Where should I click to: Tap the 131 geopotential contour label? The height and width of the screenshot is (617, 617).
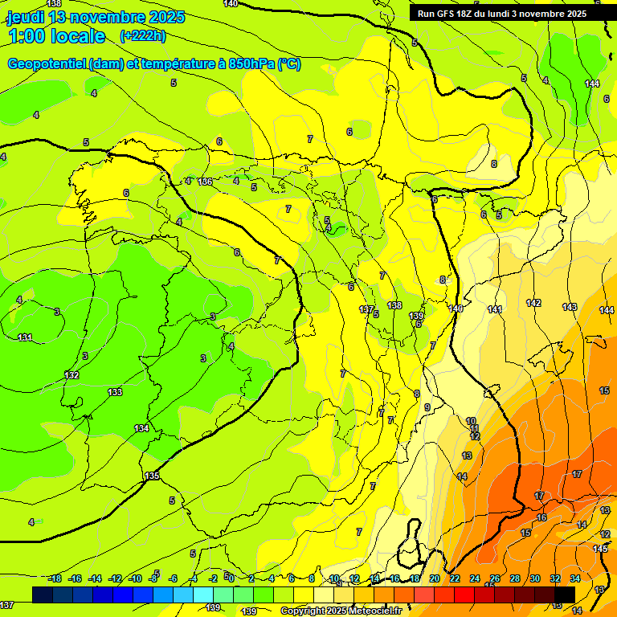(25, 337)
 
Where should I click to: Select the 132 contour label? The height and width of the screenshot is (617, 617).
(72, 375)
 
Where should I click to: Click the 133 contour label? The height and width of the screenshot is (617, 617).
(115, 392)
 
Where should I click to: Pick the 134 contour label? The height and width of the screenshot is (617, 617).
(141, 428)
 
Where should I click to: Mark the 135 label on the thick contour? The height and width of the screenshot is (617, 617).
(152, 476)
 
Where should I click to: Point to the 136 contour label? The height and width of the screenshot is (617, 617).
(206, 182)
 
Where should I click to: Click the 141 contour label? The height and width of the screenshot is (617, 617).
(495, 309)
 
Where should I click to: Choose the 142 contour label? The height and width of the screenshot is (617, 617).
(533, 303)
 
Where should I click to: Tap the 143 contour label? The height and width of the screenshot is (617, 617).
(570, 307)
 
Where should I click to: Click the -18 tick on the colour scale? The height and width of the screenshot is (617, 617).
(55, 578)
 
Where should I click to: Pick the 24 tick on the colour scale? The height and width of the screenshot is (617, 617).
(474, 578)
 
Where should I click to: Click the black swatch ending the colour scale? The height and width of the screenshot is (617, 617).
(564, 594)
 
